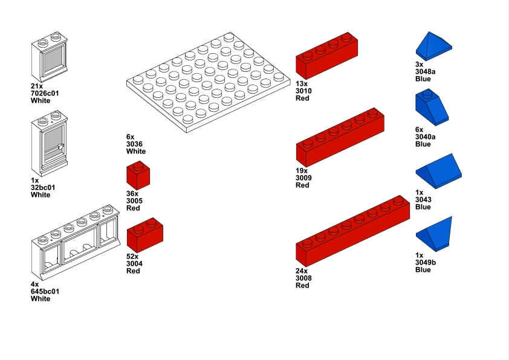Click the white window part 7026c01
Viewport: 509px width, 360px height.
point(49,60)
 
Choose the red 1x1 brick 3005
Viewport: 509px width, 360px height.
point(138,176)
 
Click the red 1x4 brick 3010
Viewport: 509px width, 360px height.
point(326,56)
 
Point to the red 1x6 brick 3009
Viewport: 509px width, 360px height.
point(340,138)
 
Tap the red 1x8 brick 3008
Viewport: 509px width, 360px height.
point(349,232)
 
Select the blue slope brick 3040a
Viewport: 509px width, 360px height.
point(432,109)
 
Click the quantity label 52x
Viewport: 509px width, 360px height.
point(133,257)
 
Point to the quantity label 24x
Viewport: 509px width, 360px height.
point(302,271)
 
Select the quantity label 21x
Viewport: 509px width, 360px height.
point(37,86)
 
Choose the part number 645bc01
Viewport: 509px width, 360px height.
point(45,291)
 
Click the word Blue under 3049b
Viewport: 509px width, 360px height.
point(423,269)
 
